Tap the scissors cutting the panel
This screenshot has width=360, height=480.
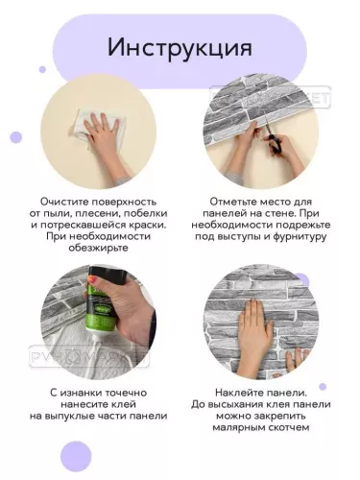click(x=273, y=138)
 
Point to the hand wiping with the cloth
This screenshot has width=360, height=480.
click(x=106, y=132)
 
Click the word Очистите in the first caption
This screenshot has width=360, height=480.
click(x=64, y=202)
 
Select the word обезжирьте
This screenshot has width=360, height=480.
click(x=98, y=248)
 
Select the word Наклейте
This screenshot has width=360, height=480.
click(x=238, y=393)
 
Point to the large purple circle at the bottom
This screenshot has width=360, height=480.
click(x=76, y=456)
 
